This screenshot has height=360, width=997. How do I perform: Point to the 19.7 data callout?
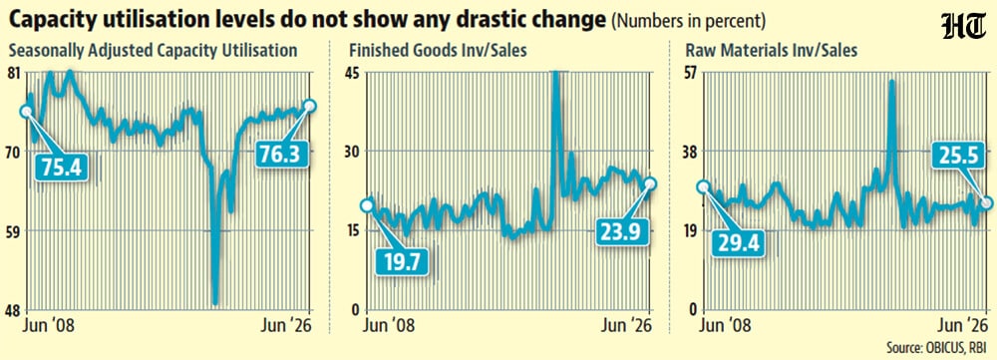click(402, 261)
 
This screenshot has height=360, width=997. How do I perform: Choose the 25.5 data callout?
click(959, 157)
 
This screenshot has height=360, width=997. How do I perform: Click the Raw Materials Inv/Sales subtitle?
click(770, 50)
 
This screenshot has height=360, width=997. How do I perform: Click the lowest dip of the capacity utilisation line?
click(215, 303)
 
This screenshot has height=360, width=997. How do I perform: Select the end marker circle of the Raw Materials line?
click(986, 202)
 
